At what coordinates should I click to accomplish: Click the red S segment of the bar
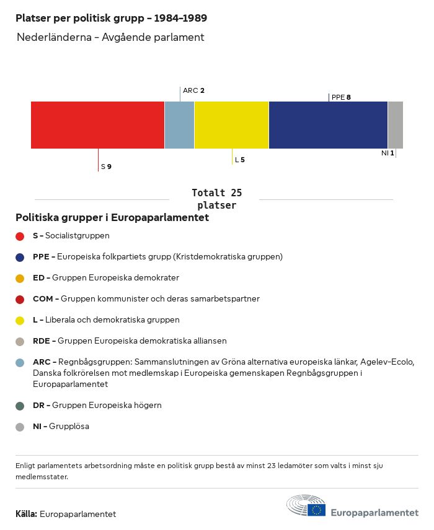97,125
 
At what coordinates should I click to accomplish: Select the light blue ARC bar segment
179,125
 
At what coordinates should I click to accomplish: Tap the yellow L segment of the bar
231,125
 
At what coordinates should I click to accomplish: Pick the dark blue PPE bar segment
328,125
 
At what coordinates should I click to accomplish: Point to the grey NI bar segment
395,125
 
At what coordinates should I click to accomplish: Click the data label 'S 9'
106,167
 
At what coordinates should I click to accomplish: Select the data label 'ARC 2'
193,90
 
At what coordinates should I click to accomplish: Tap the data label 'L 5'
239,160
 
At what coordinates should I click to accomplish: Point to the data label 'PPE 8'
341,97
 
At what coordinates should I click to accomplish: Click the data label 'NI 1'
387,153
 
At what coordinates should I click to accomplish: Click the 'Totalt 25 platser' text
216,199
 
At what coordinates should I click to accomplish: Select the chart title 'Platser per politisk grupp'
111,18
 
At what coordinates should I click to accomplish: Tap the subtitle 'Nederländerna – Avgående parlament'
110,37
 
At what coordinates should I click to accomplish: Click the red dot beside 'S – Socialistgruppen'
20,236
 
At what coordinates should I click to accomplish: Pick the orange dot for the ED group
20,278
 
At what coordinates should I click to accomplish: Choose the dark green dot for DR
20,406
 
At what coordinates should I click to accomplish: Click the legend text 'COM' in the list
43,299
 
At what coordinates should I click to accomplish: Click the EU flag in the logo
317,510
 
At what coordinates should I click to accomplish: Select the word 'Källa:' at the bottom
27,515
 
